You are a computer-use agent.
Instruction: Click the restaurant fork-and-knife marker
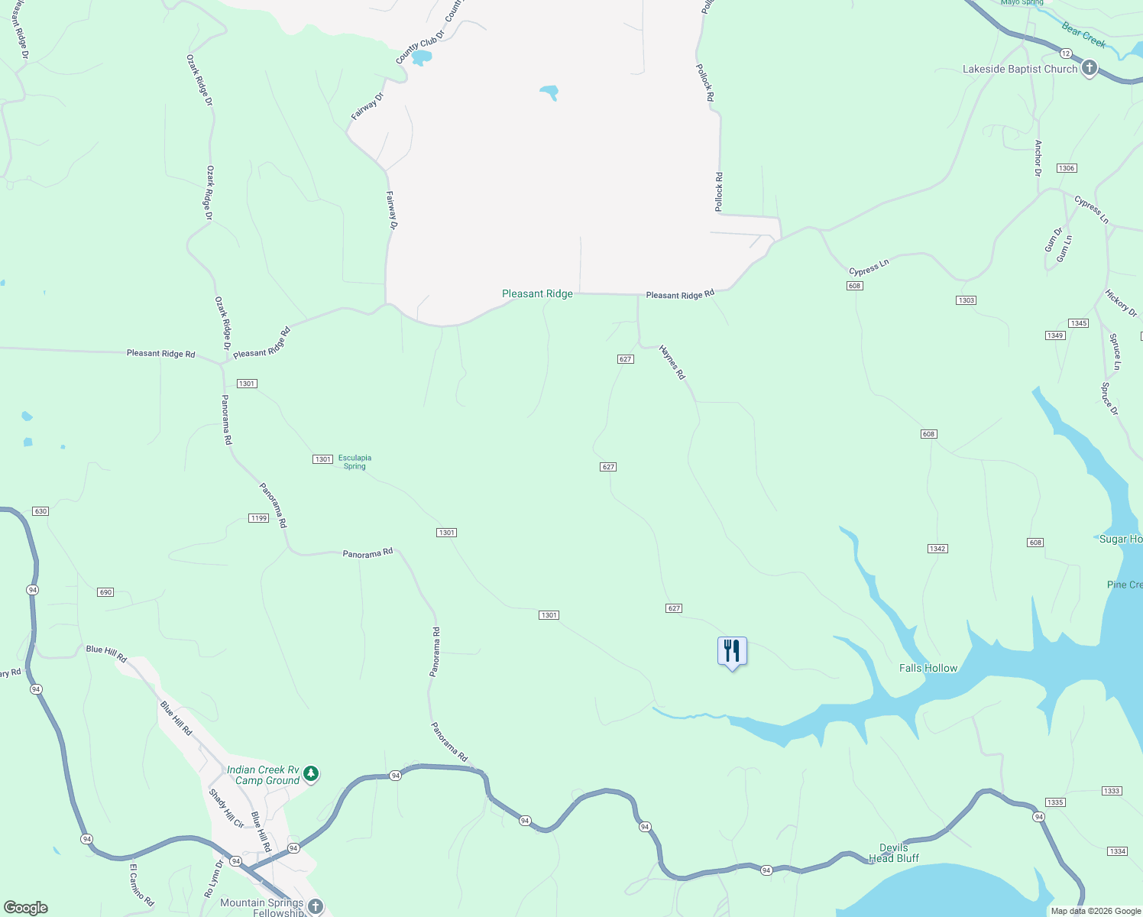(732, 651)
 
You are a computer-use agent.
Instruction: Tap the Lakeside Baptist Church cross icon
(1090, 69)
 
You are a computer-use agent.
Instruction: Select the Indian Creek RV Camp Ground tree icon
(311, 774)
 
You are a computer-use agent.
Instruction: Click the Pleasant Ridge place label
(537, 294)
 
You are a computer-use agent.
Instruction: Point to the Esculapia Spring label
(355, 462)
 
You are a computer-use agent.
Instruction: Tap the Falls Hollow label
(928, 668)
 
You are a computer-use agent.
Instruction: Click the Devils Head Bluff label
(894, 853)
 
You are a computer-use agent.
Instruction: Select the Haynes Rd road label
(672, 363)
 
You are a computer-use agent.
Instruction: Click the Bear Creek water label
(1083, 35)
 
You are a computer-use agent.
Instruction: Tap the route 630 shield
(40, 511)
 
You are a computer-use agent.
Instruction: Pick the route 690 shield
(105, 592)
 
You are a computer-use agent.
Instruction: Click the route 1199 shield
(259, 518)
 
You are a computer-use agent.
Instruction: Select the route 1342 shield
(937, 549)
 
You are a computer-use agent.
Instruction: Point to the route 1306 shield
(1067, 168)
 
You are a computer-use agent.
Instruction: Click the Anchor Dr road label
(1038, 158)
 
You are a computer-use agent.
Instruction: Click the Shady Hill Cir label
(226, 808)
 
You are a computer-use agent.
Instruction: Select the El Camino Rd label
(142, 885)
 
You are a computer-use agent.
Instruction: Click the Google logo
(26, 908)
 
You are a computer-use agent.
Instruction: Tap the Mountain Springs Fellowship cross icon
(316, 907)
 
